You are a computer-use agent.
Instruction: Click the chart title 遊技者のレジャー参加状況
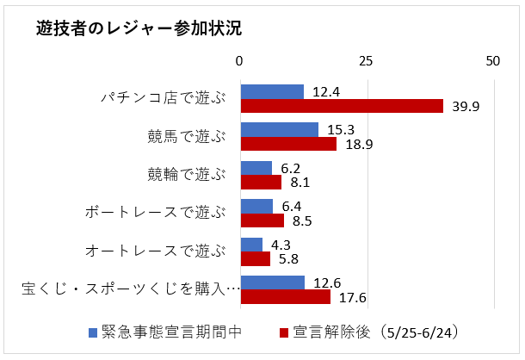coord(139,28)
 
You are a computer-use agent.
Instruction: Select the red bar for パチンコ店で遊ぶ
coord(342,106)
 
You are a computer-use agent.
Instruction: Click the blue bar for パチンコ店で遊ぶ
coord(272,91)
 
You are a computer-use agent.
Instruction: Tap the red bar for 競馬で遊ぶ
coord(288,144)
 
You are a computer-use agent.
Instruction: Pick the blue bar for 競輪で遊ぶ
coord(256,168)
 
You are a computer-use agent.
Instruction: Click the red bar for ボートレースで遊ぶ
coord(262,220)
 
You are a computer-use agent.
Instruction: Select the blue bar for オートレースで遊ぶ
coord(251,245)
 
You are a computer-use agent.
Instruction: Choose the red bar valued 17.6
coord(285,297)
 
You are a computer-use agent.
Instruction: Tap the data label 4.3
coord(281,245)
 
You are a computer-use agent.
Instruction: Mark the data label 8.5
coord(302,220)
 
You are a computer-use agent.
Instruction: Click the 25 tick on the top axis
coord(367,62)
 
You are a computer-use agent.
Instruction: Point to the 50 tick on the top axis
coord(492,62)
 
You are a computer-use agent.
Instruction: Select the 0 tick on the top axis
coord(240,62)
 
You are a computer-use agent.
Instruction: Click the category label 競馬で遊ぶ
coord(186,137)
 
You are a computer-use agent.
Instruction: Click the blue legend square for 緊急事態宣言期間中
coord(93,332)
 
